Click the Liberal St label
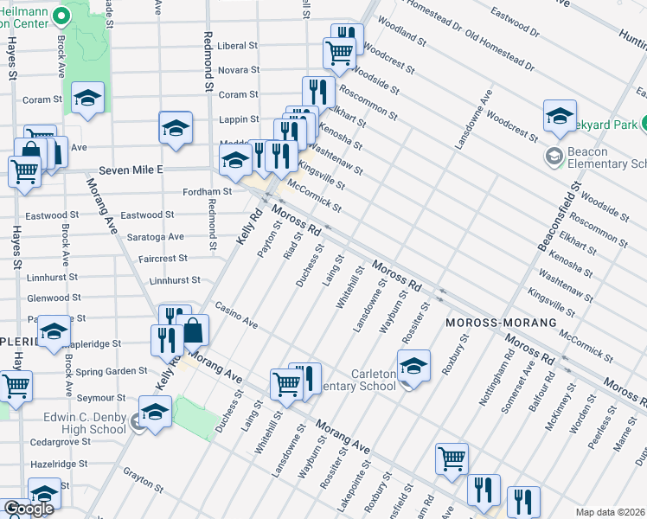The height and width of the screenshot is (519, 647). click(x=237, y=46)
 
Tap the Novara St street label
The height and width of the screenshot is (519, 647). click(x=238, y=69)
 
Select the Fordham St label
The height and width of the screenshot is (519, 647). click(x=207, y=192)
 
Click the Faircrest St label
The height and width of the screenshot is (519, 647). click(x=163, y=259)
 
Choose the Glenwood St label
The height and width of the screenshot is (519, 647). click(x=78, y=298)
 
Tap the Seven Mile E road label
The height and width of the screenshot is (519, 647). click(x=131, y=170)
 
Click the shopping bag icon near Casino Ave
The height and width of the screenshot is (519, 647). click(x=193, y=330)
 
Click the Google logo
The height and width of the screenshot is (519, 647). click(x=29, y=509)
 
